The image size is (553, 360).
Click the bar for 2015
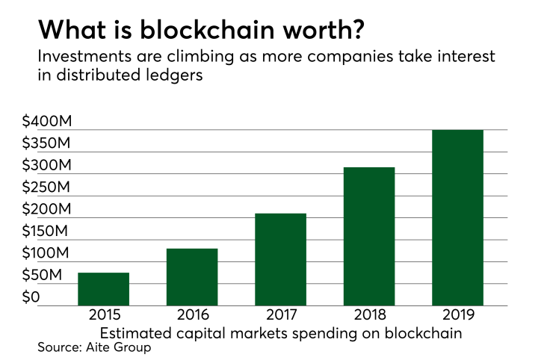point(103,289)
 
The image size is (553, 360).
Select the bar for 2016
point(192,277)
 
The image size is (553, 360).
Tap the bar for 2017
point(280,259)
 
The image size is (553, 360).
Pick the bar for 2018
point(369,236)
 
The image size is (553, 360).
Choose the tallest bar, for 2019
point(457,217)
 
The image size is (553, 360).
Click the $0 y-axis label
point(31,298)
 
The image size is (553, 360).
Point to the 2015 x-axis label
point(103,317)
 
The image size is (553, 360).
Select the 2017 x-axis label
point(280,317)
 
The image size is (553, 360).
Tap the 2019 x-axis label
point(457,317)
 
